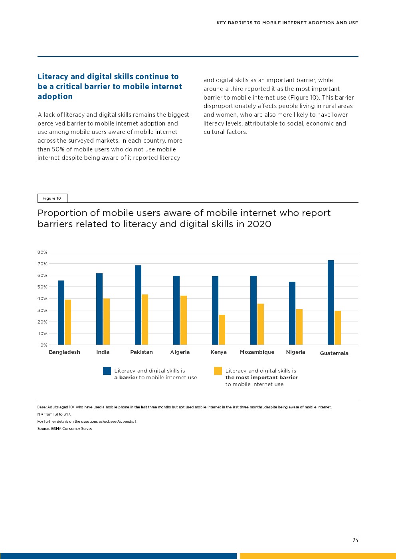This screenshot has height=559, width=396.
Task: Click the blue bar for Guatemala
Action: [x=331, y=302]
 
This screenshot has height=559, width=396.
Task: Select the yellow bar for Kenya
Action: [x=222, y=330]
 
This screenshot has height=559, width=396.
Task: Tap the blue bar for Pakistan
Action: [x=138, y=305]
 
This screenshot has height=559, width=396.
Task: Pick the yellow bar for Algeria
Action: [x=184, y=320]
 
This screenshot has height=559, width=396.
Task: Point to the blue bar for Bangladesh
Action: [x=61, y=313]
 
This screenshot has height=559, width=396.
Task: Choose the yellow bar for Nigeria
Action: [x=299, y=327]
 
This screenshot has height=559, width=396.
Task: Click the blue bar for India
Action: [x=99, y=309]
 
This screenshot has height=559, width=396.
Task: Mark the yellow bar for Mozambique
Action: [x=261, y=324]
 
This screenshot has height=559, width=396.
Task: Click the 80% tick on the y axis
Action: [x=43, y=252]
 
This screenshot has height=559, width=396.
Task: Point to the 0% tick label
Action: [x=44, y=345]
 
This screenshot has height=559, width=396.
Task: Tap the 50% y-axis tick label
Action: [x=43, y=287]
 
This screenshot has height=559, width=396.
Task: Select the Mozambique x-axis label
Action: [x=257, y=352]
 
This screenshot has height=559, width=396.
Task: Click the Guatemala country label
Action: [x=334, y=353]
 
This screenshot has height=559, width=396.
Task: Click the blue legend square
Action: [x=107, y=371]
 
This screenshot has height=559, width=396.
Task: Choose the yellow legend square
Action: [x=218, y=371]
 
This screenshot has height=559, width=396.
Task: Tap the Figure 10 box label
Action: [x=52, y=198]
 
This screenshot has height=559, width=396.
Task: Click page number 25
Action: [x=355, y=540]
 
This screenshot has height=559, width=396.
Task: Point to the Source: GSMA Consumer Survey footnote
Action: [x=65, y=429]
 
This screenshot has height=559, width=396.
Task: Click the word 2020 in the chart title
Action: [x=259, y=224]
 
